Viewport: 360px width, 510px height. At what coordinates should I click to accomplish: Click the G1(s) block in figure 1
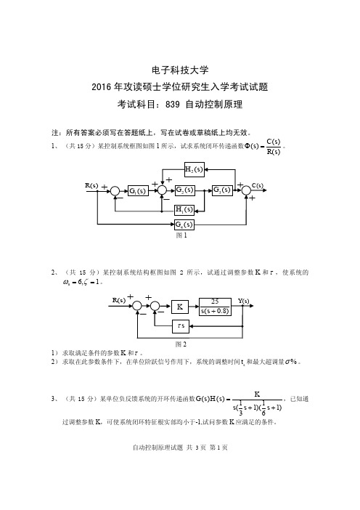click(x=138, y=190)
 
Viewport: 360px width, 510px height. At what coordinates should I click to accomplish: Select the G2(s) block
click(x=184, y=190)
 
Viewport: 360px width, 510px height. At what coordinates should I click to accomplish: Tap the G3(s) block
click(x=222, y=190)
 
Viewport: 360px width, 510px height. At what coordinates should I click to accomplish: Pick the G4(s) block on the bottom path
click(x=184, y=224)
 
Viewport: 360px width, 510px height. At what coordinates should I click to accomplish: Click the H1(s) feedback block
click(x=184, y=210)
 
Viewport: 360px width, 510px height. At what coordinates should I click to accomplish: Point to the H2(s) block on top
click(x=195, y=169)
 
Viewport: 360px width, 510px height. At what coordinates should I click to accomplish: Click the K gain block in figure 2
click(x=180, y=307)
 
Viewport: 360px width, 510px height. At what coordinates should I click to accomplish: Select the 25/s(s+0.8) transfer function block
click(x=215, y=307)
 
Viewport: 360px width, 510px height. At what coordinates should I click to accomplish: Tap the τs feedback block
click(x=181, y=325)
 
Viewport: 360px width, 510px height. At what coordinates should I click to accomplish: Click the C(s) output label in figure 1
click(x=258, y=185)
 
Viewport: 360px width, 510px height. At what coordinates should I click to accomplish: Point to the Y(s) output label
click(x=243, y=301)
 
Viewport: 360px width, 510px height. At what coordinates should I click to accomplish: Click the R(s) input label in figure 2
click(x=119, y=300)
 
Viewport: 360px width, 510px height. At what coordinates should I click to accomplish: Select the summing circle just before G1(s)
click(x=115, y=191)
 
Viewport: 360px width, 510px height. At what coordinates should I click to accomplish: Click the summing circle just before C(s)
click(x=247, y=190)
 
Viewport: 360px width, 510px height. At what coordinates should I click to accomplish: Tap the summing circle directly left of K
click(x=155, y=306)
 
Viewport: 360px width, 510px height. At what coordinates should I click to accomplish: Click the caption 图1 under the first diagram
click(x=181, y=235)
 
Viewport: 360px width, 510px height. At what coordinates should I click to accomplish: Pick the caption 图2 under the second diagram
click(x=181, y=344)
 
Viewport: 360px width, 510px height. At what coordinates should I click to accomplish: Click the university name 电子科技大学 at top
click(x=180, y=70)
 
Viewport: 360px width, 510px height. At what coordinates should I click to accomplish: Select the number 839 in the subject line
click(x=173, y=105)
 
